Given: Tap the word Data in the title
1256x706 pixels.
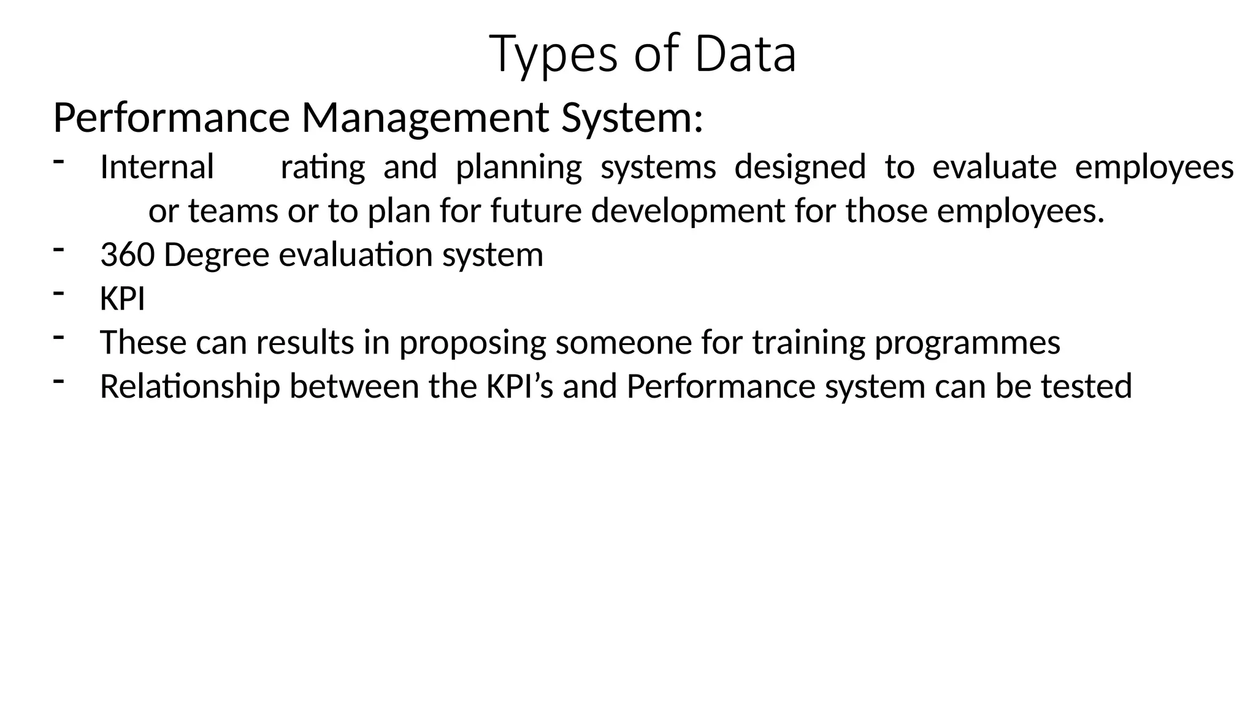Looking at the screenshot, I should pos(745,54).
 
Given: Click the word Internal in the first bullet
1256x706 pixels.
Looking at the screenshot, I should pos(157,167).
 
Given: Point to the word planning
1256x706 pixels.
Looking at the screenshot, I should pos(519,168).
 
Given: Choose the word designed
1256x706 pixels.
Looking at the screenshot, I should pos(800,167).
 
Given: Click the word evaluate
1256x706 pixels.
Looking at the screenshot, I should pos(994,167).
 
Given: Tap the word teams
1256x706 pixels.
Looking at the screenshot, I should pos(233,211).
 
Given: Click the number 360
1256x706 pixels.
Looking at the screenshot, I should pos(127,255).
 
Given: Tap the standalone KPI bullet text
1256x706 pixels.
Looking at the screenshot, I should pos(123,299).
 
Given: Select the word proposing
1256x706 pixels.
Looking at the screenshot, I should pos(472,343).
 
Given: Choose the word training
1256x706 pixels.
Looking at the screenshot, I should pos(808,343).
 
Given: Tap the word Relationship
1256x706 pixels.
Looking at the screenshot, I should pos(190,387).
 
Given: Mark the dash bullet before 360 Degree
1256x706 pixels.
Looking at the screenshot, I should pos(59,249).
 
